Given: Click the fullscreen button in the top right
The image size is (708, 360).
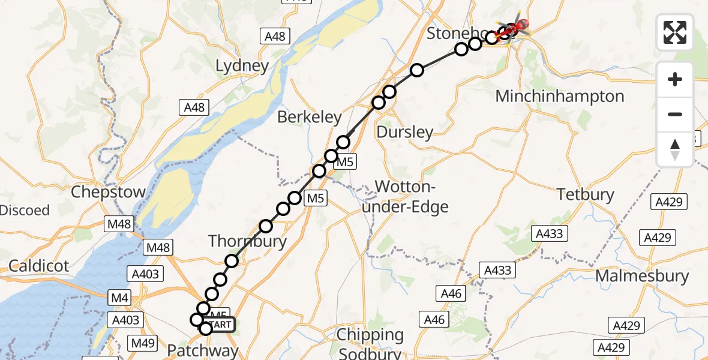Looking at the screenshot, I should (x=675, y=32).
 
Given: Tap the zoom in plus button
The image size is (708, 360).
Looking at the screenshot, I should (x=675, y=79).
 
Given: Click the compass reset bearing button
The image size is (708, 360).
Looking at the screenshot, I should (x=675, y=149).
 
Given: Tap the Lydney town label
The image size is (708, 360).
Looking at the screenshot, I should (x=242, y=65).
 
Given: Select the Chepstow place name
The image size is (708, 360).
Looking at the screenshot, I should (x=108, y=193).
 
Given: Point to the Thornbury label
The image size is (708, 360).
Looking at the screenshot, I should (x=247, y=242).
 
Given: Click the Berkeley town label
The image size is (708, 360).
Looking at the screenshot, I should (x=310, y=117).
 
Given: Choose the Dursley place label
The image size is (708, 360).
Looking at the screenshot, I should (x=405, y=132).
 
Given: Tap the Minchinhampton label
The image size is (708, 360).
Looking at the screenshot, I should (x=559, y=96).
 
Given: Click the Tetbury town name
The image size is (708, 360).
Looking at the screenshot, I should (x=585, y=194).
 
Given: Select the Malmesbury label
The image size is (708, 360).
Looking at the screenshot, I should (x=642, y=276).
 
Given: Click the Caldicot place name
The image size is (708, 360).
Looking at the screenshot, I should (x=38, y=266).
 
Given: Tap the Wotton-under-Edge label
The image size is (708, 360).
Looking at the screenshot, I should (x=412, y=197).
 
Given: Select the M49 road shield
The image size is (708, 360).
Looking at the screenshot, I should (x=143, y=344).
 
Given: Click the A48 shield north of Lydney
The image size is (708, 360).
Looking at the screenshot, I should (x=275, y=37).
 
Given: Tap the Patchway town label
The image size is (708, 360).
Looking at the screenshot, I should (x=202, y=350).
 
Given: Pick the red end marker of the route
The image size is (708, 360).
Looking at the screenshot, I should (x=520, y=25).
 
